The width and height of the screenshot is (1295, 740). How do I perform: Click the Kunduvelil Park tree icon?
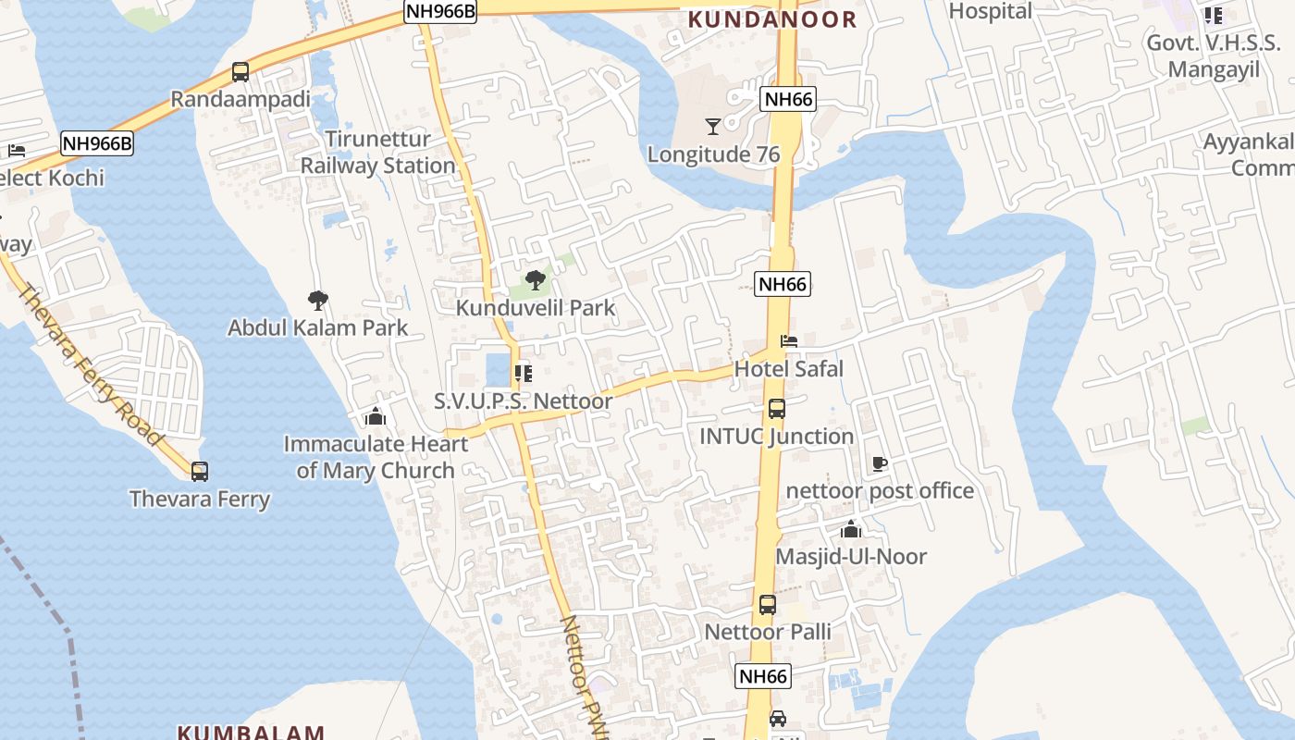[535, 280]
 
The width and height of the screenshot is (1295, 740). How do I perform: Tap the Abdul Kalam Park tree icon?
[318, 301]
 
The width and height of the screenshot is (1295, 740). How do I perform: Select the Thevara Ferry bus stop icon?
[200, 472]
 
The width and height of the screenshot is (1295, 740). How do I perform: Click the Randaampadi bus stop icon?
[240, 72]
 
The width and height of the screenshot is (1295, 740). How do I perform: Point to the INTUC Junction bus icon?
[777, 409]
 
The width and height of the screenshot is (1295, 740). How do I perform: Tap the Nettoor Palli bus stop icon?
[768, 605]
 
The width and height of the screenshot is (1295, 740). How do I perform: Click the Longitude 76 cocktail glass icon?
[712, 127]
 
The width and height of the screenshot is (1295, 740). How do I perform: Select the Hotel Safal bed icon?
[789, 341]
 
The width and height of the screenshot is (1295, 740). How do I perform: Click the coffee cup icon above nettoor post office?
[880, 463]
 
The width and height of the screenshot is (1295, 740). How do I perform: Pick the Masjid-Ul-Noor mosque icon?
[851, 529]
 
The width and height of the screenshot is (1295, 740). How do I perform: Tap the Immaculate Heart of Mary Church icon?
[376, 416]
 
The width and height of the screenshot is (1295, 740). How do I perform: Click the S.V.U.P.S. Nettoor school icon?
[524, 373]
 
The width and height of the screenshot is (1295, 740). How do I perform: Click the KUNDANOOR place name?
[772, 19]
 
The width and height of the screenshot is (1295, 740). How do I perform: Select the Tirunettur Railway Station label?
[378, 153]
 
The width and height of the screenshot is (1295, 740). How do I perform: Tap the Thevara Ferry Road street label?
[90, 365]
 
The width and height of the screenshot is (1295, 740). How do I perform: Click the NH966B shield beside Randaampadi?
[97, 144]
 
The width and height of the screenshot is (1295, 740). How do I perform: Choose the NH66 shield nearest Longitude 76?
[788, 100]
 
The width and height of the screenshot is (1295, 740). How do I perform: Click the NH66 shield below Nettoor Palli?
[764, 676]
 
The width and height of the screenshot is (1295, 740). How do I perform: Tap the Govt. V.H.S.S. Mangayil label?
[1214, 55]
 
